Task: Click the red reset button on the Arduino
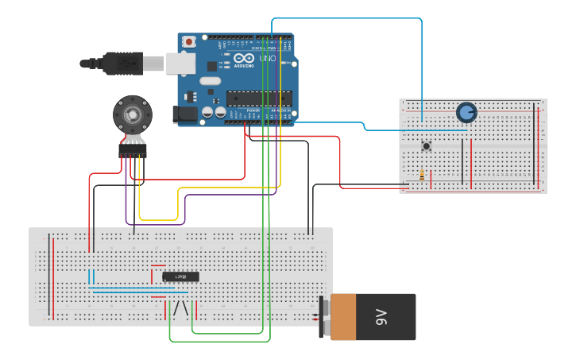pyautogui.click(x=189, y=41)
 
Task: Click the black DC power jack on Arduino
pyautogui.click(x=185, y=114)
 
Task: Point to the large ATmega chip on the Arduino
pyautogui.click(x=259, y=98)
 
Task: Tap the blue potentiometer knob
pyautogui.click(x=466, y=113)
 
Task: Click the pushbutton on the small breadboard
pyautogui.click(x=427, y=145)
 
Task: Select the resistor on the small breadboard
pyautogui.click(x=421, y=176)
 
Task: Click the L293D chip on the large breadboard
pyautogui.click(x=180, y=277)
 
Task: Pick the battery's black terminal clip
pyautogui.click(x=323, y=316)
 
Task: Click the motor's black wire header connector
pyautogui.click(x=133, y=150)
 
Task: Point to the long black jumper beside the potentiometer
pyautogui.click(x=462, y=160)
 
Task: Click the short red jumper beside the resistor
pyautogui.click(x=431, y=180)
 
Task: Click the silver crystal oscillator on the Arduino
pyautogui.click(x=210, y=80)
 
